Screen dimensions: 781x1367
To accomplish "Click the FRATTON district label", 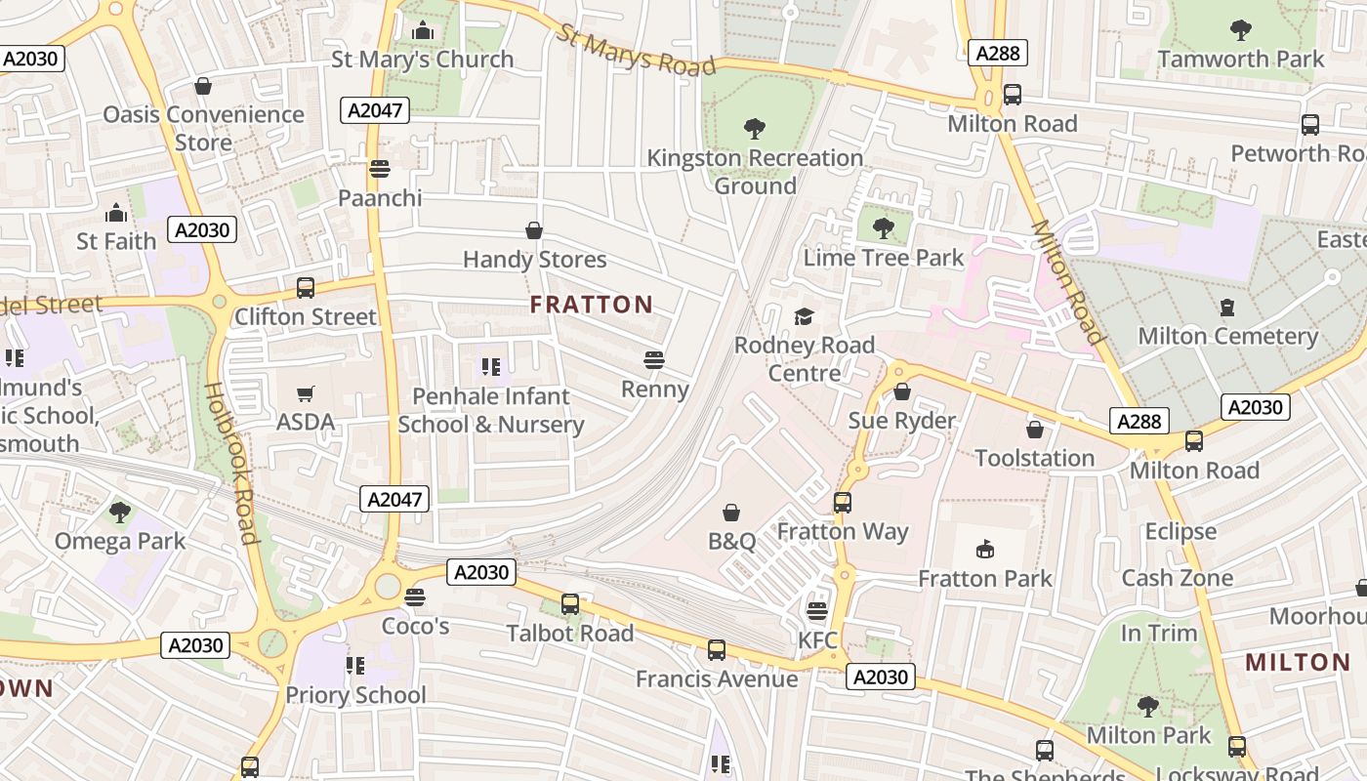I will click(591, 305).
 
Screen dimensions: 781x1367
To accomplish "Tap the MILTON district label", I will click(1298, 663).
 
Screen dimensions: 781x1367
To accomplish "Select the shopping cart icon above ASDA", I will click(306, 394).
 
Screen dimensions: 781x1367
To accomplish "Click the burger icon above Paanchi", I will click(380, 169).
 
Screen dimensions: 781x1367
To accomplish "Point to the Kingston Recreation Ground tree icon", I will click(755, 128).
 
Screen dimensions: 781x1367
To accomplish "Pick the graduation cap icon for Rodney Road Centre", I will click(804, 316).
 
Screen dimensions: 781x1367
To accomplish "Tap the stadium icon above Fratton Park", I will click(985, 550).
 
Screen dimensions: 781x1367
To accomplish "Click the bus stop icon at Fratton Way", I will click(843, 503).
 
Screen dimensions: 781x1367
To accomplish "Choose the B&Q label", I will click(731, 541).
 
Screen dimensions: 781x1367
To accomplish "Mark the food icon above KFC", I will click(817, 611).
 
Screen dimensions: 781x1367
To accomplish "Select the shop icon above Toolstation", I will click(1035, 430).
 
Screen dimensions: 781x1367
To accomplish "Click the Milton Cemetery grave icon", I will click(1227, 308).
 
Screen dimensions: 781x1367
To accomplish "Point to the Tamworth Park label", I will click(1241, 59).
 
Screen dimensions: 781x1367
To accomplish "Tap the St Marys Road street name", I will click(637, 50).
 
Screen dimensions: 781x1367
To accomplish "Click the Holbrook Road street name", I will click(230, 463).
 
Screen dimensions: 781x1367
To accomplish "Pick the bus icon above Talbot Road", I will click(570, 604).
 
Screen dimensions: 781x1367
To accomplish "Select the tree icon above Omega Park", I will click(120, 512).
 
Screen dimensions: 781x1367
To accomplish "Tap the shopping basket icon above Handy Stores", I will click(534, 230).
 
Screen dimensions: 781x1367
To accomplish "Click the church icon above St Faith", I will click(116, 213).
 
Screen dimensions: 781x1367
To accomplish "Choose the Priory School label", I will click(355, 695).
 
